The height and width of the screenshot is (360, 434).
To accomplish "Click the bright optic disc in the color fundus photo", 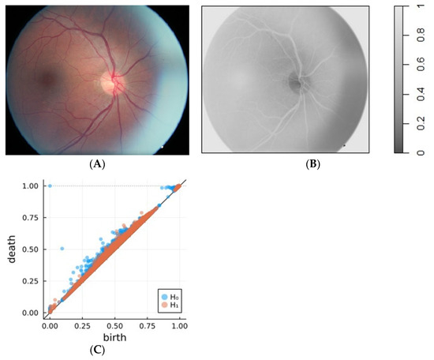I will [110, 81].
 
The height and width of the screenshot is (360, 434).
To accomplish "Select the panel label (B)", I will [286, 164].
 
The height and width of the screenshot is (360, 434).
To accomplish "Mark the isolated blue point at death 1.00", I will [50, 186].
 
